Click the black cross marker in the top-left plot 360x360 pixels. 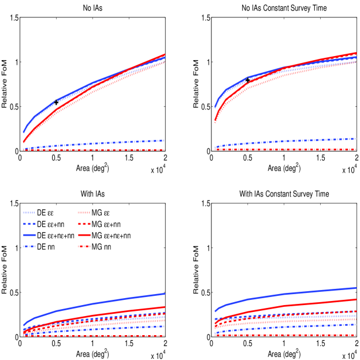[56, 102]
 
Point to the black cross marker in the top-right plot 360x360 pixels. [248, 80]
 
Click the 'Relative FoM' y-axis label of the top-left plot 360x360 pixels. [5, 84]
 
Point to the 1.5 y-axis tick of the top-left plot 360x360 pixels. [13, 18]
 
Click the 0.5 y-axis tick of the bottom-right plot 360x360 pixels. [203, 292]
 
